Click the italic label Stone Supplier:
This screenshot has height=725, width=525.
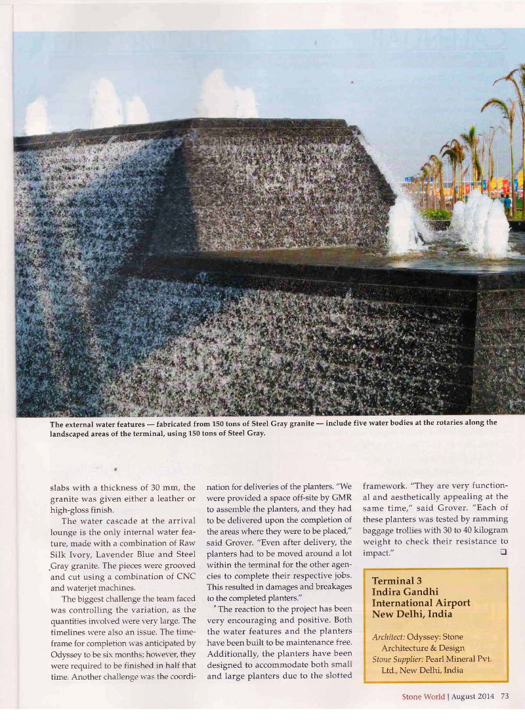[x=397, y=659]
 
